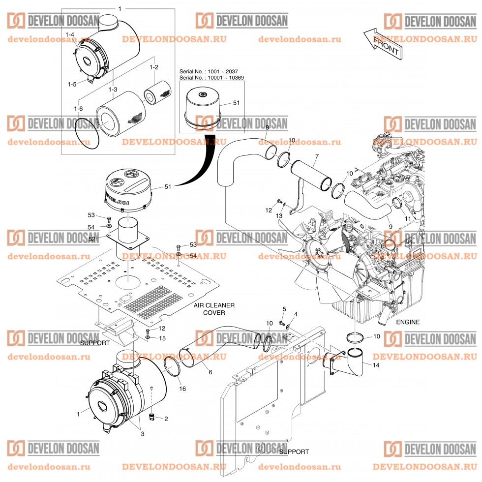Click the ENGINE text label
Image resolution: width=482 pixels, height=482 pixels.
tap(408, 322)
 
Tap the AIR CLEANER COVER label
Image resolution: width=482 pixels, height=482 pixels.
tap(214, 309)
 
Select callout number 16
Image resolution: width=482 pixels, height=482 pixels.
tap(183, 389)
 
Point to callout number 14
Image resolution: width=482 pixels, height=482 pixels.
tap(376, 365)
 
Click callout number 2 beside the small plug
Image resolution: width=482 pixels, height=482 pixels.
tap(166, 419)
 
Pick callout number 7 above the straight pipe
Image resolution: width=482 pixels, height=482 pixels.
tap(317, 156)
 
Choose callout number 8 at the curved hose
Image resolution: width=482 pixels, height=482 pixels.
tap(267, 128)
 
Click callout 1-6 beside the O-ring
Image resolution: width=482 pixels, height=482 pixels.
tap(78, 109)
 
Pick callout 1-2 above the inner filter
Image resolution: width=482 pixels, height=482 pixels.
tap(154, 67)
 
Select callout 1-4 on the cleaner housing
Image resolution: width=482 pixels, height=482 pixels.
tap(70, 34)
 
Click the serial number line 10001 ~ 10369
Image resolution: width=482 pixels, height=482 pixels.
tap(211, 78)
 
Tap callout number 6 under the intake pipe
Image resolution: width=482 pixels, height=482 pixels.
tap(210, 372)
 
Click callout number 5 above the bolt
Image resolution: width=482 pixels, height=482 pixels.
tap(284, 308)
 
